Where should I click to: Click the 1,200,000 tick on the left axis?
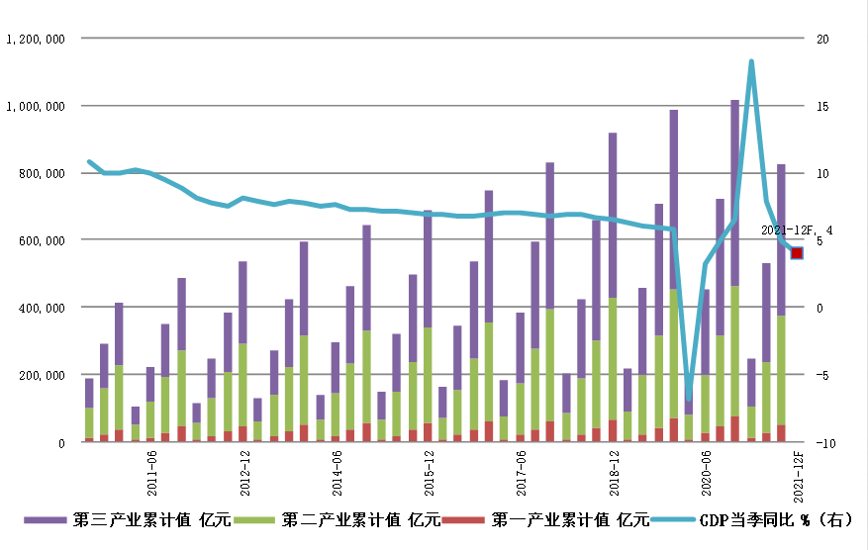[36, 39]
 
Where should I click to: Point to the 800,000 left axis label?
[40, 173]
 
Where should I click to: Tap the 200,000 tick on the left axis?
[40, 375]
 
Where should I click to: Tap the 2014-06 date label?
[338, 473]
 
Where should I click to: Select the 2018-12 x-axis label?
[615, 473]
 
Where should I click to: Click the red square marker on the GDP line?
[797, 253]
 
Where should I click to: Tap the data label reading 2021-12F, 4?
[797, 230]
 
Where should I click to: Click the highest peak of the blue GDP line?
[751, 61]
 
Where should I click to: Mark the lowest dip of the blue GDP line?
[689, 397]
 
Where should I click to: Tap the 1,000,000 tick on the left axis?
[36, 106]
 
